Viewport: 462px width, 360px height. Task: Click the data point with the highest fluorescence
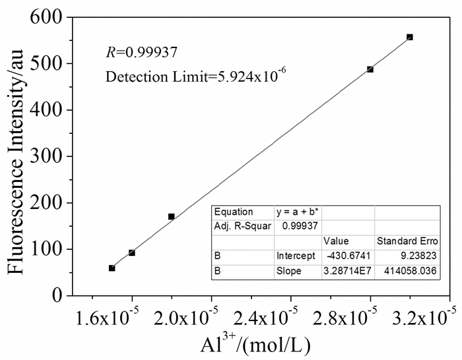(410, 37)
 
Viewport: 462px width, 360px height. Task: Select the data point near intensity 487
(370, 69)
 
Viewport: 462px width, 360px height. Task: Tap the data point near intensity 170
(172, 216)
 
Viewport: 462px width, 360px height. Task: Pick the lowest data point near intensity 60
(112, 268)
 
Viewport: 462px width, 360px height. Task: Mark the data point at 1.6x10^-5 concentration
(132, 253)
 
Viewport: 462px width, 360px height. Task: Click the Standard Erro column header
(403, 241)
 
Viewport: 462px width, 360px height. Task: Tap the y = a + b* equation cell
(298, 212)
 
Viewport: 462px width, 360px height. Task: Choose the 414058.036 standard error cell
(403, 271)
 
